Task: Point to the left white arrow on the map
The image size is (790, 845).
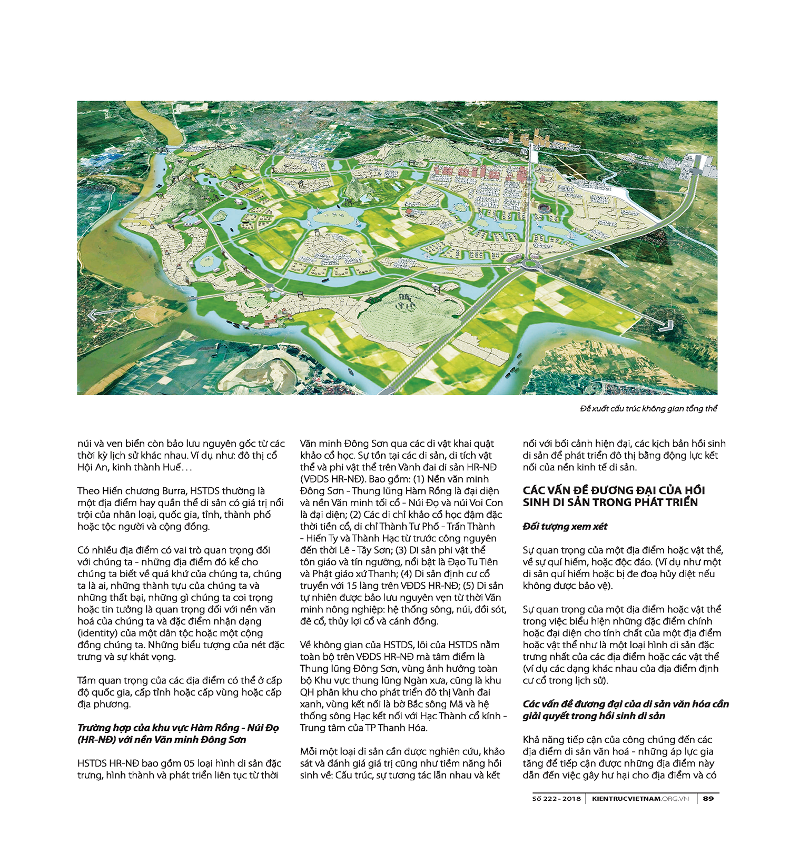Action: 93,316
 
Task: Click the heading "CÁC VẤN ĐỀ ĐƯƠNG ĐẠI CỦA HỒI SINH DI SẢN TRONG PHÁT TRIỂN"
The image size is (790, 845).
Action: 614,496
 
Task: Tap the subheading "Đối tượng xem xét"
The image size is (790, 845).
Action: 565,527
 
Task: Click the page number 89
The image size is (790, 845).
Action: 708,799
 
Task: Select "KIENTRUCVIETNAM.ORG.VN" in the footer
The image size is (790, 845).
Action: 640,799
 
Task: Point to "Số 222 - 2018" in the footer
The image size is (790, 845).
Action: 556,799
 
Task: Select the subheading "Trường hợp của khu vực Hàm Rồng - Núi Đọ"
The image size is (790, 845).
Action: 178,728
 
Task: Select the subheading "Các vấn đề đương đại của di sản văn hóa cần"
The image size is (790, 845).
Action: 626,704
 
